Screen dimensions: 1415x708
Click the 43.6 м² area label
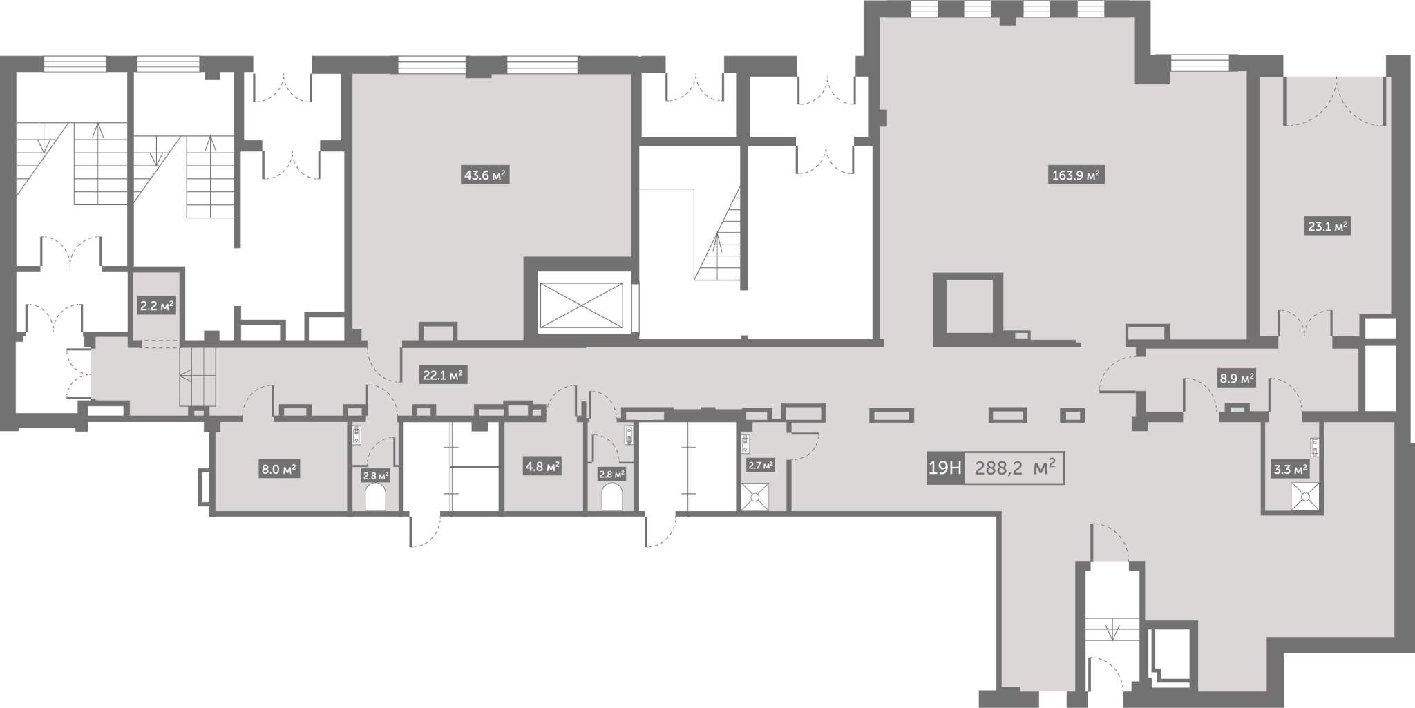click(x=486, y=175)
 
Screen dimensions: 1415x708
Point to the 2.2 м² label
click(x=157, y=305)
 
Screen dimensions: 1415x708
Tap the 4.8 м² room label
click(x=542, y=467)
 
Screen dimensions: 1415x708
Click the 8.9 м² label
click(x=1236, y=379)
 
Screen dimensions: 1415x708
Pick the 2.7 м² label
click(x=760, y=465)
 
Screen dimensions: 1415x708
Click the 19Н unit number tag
click(x=944, y=468)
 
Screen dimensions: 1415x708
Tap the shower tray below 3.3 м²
click(x=1306, y=495)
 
